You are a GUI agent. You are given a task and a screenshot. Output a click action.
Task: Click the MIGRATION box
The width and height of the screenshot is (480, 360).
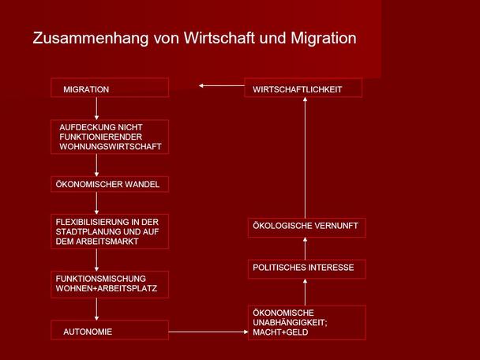click(x=110, y=88)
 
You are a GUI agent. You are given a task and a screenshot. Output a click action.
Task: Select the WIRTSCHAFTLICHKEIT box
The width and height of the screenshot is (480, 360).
click(x=303, y=88)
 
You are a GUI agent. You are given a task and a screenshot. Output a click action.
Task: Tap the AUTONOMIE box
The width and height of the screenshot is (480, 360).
click(x=110, y=330)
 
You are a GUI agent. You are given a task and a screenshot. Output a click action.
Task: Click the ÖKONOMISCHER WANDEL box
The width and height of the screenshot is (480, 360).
click(x=110, y=184)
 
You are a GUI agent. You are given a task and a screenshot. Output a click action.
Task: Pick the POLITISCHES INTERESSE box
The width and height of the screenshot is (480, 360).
click(x=307, y=269)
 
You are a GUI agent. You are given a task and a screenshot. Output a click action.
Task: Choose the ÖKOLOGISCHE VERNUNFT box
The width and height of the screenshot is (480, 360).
click(x=307, y=227)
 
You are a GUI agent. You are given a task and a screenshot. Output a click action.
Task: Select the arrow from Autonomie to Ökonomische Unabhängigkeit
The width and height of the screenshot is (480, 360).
click(x=208, y=332)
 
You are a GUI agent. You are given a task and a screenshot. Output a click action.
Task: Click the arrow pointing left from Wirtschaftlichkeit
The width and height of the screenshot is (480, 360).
click(x=222, y=86)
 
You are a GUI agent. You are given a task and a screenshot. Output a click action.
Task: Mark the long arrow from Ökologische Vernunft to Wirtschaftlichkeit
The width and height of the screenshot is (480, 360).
click(x=305, y=158)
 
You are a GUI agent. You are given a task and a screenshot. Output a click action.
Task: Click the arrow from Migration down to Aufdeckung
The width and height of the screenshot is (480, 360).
click(x=96, y=108)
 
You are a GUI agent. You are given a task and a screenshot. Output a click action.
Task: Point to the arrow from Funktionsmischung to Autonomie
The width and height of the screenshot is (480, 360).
click(x=96, y=309)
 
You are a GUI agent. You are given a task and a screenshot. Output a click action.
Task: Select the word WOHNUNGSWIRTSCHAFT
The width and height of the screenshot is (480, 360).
click(x=111, y=147)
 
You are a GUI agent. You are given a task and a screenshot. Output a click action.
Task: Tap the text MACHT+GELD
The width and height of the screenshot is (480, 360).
click(x=280, y=332)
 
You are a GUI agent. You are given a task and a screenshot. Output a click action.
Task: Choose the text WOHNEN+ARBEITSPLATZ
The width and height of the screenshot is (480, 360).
click(x=107, y=288)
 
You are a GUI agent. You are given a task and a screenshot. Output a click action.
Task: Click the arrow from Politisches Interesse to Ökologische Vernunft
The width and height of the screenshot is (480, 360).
click(x=305, y=248)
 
